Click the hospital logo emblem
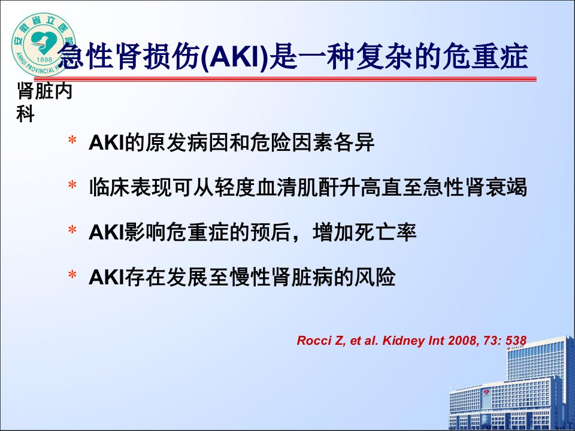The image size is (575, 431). [44, 45]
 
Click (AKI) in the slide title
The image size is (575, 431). [235, 57]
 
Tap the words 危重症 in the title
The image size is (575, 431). [485, 56]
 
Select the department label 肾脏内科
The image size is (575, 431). [44, 102]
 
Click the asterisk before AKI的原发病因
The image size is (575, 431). [72, 141]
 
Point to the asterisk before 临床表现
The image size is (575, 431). [72, 186]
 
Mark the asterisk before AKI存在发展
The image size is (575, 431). [72, 275]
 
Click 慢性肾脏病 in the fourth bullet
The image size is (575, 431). [282, 277]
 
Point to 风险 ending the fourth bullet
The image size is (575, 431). [375, 277]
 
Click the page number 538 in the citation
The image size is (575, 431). [516, 341]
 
